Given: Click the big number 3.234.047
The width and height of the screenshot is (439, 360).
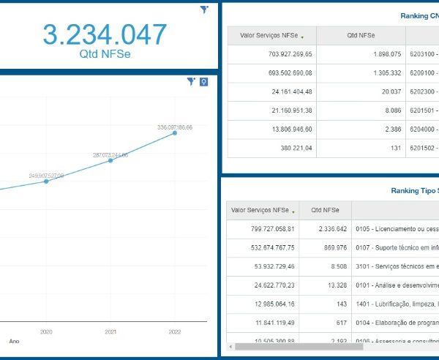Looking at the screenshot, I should pyautogui.click(x=105, y=34).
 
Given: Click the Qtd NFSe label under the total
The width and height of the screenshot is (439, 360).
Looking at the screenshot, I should pyautogui.click(x=105, y=54).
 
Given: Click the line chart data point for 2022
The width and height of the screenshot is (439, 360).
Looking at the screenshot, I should pyautogui.click(x=175, y=132).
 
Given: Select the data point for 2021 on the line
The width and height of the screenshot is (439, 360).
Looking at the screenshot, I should pyautogui.click(x=110, y=160).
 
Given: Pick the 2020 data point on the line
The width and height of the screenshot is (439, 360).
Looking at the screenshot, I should pyautogui.click(x=46, y=181).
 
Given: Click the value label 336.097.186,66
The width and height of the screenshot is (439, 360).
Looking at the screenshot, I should pyautogui.click(x=175, y=127).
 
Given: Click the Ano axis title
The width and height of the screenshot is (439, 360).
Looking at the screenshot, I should pyautogui.click(x=14, y=341).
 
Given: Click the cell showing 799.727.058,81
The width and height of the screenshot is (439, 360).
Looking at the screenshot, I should pyautogui.click(x=263, y=229).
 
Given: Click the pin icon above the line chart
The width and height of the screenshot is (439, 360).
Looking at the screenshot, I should pyautogui.click(x=203, y=82).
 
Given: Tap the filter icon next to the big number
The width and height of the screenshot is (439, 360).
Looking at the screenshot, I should pyautogui.click(x=204, y=10).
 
